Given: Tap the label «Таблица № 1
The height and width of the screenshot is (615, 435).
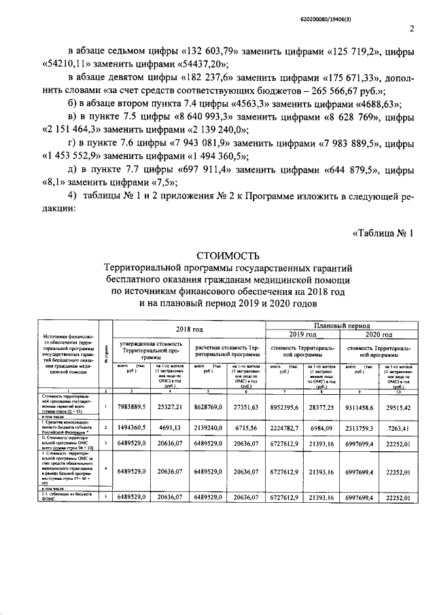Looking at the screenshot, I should pyautogui.click(x=383, y=233).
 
